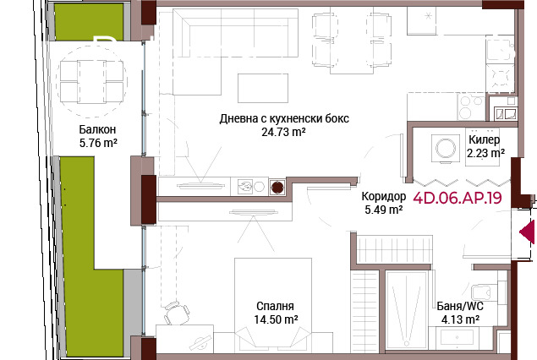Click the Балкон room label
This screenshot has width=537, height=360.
[x=97, y=129]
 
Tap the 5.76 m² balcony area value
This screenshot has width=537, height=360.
[x=97, y=144]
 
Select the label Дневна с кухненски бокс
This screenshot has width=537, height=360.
[x=282, y=118]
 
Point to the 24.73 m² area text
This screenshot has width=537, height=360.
[x=282, y=132]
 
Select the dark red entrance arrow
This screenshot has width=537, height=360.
[x=528, y=231]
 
